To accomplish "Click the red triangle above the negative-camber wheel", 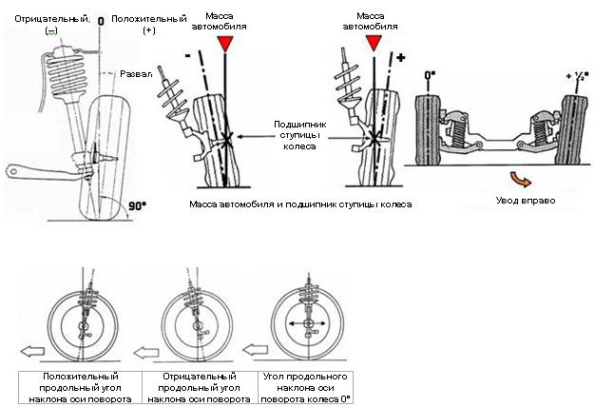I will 224,44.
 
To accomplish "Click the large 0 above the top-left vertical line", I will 100,18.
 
